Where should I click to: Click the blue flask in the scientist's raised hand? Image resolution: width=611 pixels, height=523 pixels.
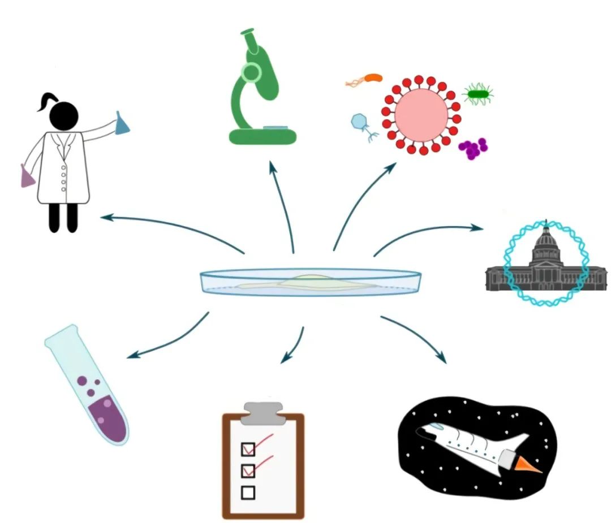point(122,124)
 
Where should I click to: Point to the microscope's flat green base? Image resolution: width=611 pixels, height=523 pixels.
point(263,136)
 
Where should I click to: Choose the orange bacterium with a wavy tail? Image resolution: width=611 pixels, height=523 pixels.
point(372,78)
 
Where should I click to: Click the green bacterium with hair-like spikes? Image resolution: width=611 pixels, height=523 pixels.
point(478,94)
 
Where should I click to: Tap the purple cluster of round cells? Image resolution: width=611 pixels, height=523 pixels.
point(473,148)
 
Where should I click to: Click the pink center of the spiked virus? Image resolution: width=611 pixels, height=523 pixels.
point(421,114)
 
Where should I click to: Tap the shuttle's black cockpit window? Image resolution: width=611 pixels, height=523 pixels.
point(421,433)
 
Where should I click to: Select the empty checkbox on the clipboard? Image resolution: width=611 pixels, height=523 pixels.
point(248,492)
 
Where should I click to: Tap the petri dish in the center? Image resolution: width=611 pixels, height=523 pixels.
point(311,282)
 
